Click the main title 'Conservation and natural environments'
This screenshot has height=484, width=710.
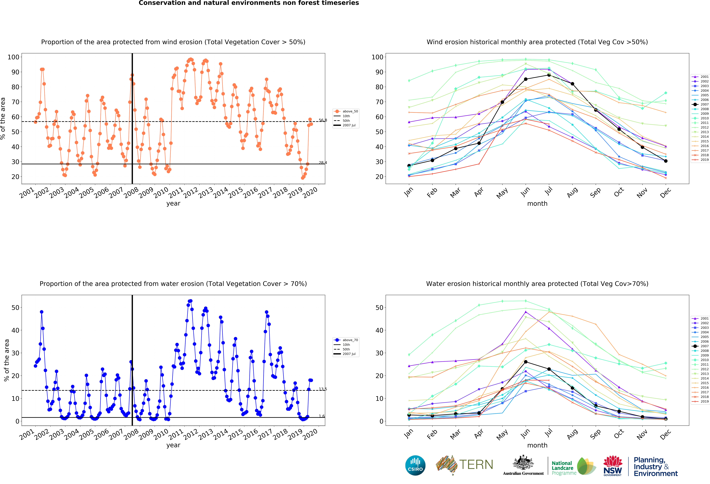pyautogui.click(x=249, y=3)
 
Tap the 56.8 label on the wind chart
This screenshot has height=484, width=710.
pyautogui.click(x=323, y=120)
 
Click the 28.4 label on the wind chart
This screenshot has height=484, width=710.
pyautogui.click(x=323, y=163)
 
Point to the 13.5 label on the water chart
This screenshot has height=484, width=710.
pyautogui.click(x=323, y=389)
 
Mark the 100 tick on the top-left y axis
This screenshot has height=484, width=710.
pyautogui.click(x=13, y=57)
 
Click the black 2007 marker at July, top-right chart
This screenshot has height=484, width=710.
pyautogui.click(x=549, y=75)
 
